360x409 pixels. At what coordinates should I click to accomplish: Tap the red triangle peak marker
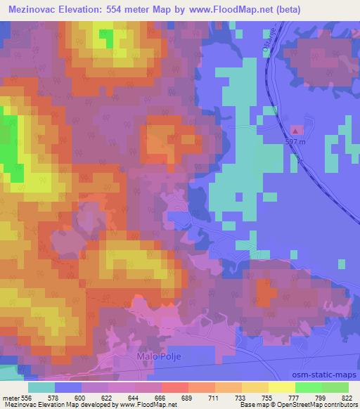point(297,129)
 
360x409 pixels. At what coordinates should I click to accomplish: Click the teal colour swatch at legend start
point(41,387)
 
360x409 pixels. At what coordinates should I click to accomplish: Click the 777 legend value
point(298,398)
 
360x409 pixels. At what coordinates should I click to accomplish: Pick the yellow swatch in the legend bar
point(282,387)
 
